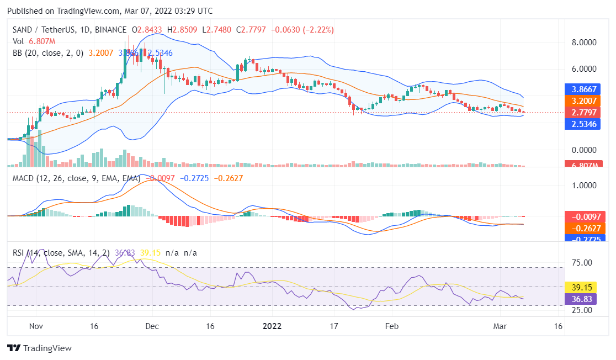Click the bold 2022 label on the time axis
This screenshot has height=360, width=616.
tap(272, 326)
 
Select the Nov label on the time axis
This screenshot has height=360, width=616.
tap(36, 326)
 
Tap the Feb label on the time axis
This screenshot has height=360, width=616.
tap(391, 326)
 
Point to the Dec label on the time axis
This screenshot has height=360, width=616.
tap(153, 326)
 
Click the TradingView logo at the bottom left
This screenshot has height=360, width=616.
tap(39, 348)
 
